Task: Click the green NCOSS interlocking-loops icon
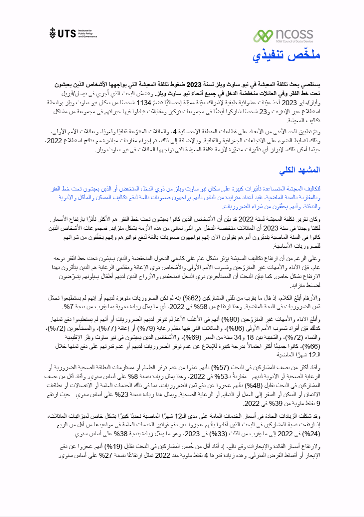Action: (263, 36)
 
